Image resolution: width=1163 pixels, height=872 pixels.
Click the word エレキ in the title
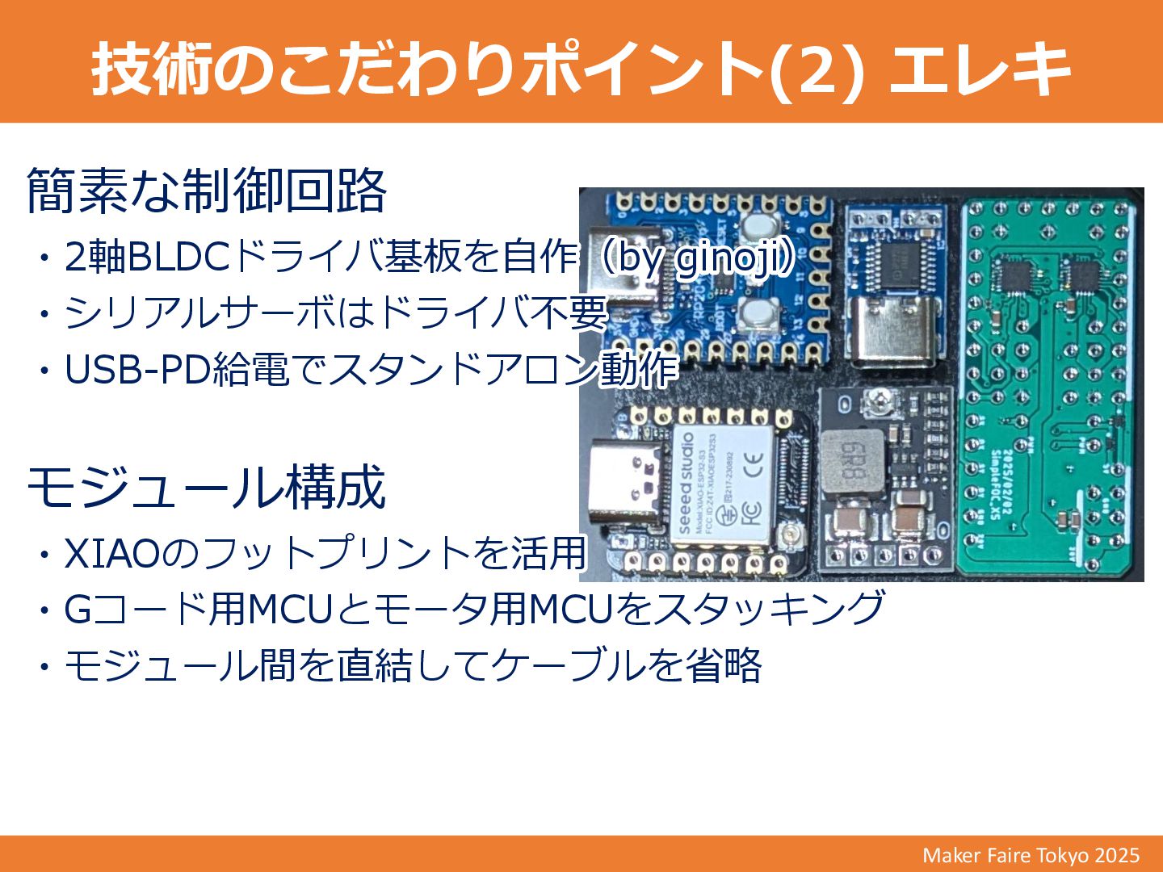click(x=980, y=68)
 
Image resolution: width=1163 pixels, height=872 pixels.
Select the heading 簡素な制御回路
click(x=207, y=191)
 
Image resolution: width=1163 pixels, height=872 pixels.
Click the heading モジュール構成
click(x=207, y=487)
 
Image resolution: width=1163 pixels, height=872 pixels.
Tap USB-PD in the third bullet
click(x=138, y=369)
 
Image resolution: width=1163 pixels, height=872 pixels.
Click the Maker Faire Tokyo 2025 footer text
click(x=1031, y=855)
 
